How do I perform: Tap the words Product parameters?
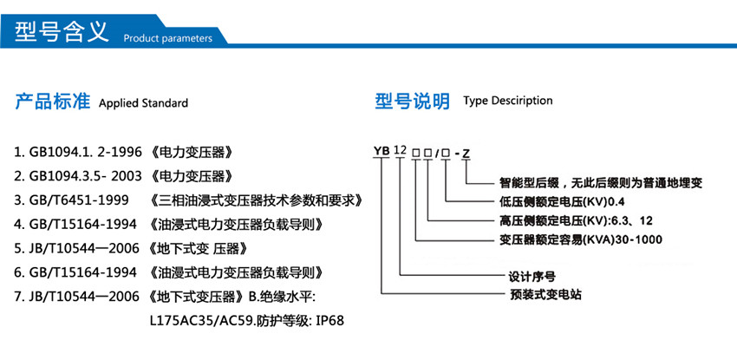(x=167, y=38)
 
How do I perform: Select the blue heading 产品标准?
(x=53, y=101)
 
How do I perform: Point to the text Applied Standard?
(x=144, y=103)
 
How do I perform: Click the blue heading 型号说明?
(x=412, y=101)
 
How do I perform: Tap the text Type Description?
(x=508, y=101)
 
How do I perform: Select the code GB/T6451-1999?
(x=79, y=201)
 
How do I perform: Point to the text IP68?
(x=329, y=321)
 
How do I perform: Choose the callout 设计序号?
(x=530, y=278)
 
